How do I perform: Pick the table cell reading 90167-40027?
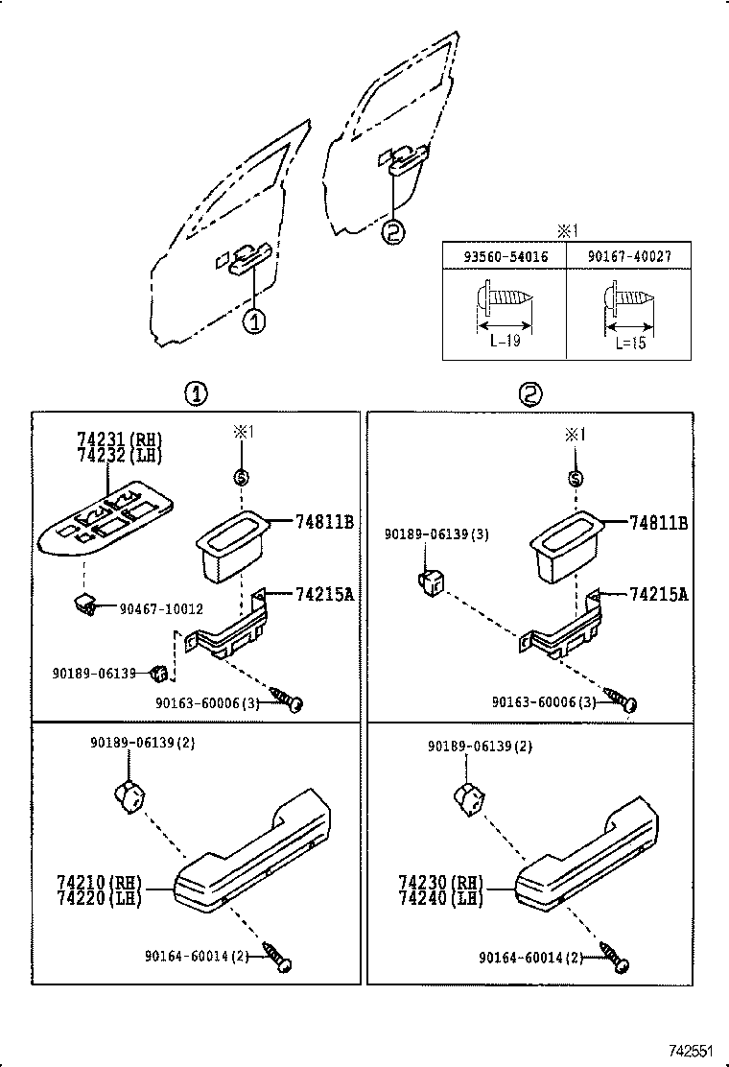628,256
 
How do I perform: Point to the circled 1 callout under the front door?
254,322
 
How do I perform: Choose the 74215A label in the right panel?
658,594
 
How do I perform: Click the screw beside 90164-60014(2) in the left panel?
280,960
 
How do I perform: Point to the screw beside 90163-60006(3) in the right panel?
621,699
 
